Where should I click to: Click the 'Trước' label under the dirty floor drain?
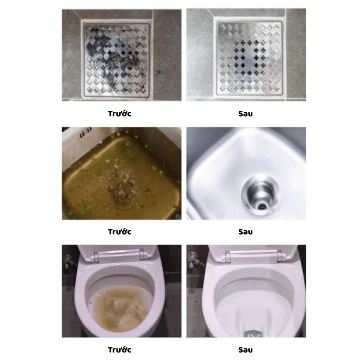click(120, 114)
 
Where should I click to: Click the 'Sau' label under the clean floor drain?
click(245, 114)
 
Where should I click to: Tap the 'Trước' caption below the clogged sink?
click(120, 232)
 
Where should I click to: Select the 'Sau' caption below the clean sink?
click(245, 232)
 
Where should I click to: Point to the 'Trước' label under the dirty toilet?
click(120, 350)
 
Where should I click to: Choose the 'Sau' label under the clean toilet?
click(245, 350)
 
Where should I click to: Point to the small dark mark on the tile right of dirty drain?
click(158, 73)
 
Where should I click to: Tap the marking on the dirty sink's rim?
click(85, 133)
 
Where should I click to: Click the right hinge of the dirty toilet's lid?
click(142, 255)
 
